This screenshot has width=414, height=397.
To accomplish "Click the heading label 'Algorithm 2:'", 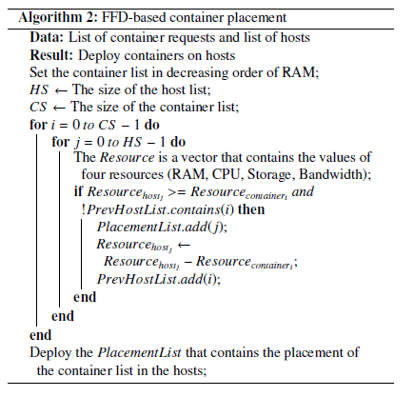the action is (x=58, y=18).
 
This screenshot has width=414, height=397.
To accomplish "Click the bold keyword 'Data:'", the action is (x=47, y=37).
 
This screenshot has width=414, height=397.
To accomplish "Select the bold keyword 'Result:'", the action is (x=51, y=55).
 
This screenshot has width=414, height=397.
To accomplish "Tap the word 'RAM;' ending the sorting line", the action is (x=301, y=72).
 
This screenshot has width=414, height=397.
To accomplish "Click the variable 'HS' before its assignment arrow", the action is (x=39, y=89).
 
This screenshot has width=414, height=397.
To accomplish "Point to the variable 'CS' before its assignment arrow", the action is (x=38, y=107).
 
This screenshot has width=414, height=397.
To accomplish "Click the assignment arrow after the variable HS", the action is (x=61, y=90).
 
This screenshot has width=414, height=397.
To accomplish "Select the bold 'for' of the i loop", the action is (x=38, y=124).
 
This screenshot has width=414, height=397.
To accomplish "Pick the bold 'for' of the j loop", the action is (x=60, y=142).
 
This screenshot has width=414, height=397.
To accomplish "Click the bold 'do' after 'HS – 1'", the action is (x=178, y=142).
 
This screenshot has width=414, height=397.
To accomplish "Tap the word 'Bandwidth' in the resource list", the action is (x=331, y=174).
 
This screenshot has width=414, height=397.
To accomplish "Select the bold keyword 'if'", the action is (x=78, y=191).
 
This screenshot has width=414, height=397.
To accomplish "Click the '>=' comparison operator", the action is (x=177, y=192).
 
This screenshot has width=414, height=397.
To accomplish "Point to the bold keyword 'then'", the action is (x=251, y=209).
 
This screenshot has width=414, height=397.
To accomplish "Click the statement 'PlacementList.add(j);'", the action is (x=162, y=228).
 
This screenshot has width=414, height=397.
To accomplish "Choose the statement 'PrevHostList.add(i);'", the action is (x=159, y=279).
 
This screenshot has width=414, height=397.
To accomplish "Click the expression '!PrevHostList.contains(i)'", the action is (x=157, y=209).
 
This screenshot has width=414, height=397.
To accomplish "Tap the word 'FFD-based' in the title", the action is (x=133, y=18).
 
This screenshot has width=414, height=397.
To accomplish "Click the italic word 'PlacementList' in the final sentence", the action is (x=139, y=353).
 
